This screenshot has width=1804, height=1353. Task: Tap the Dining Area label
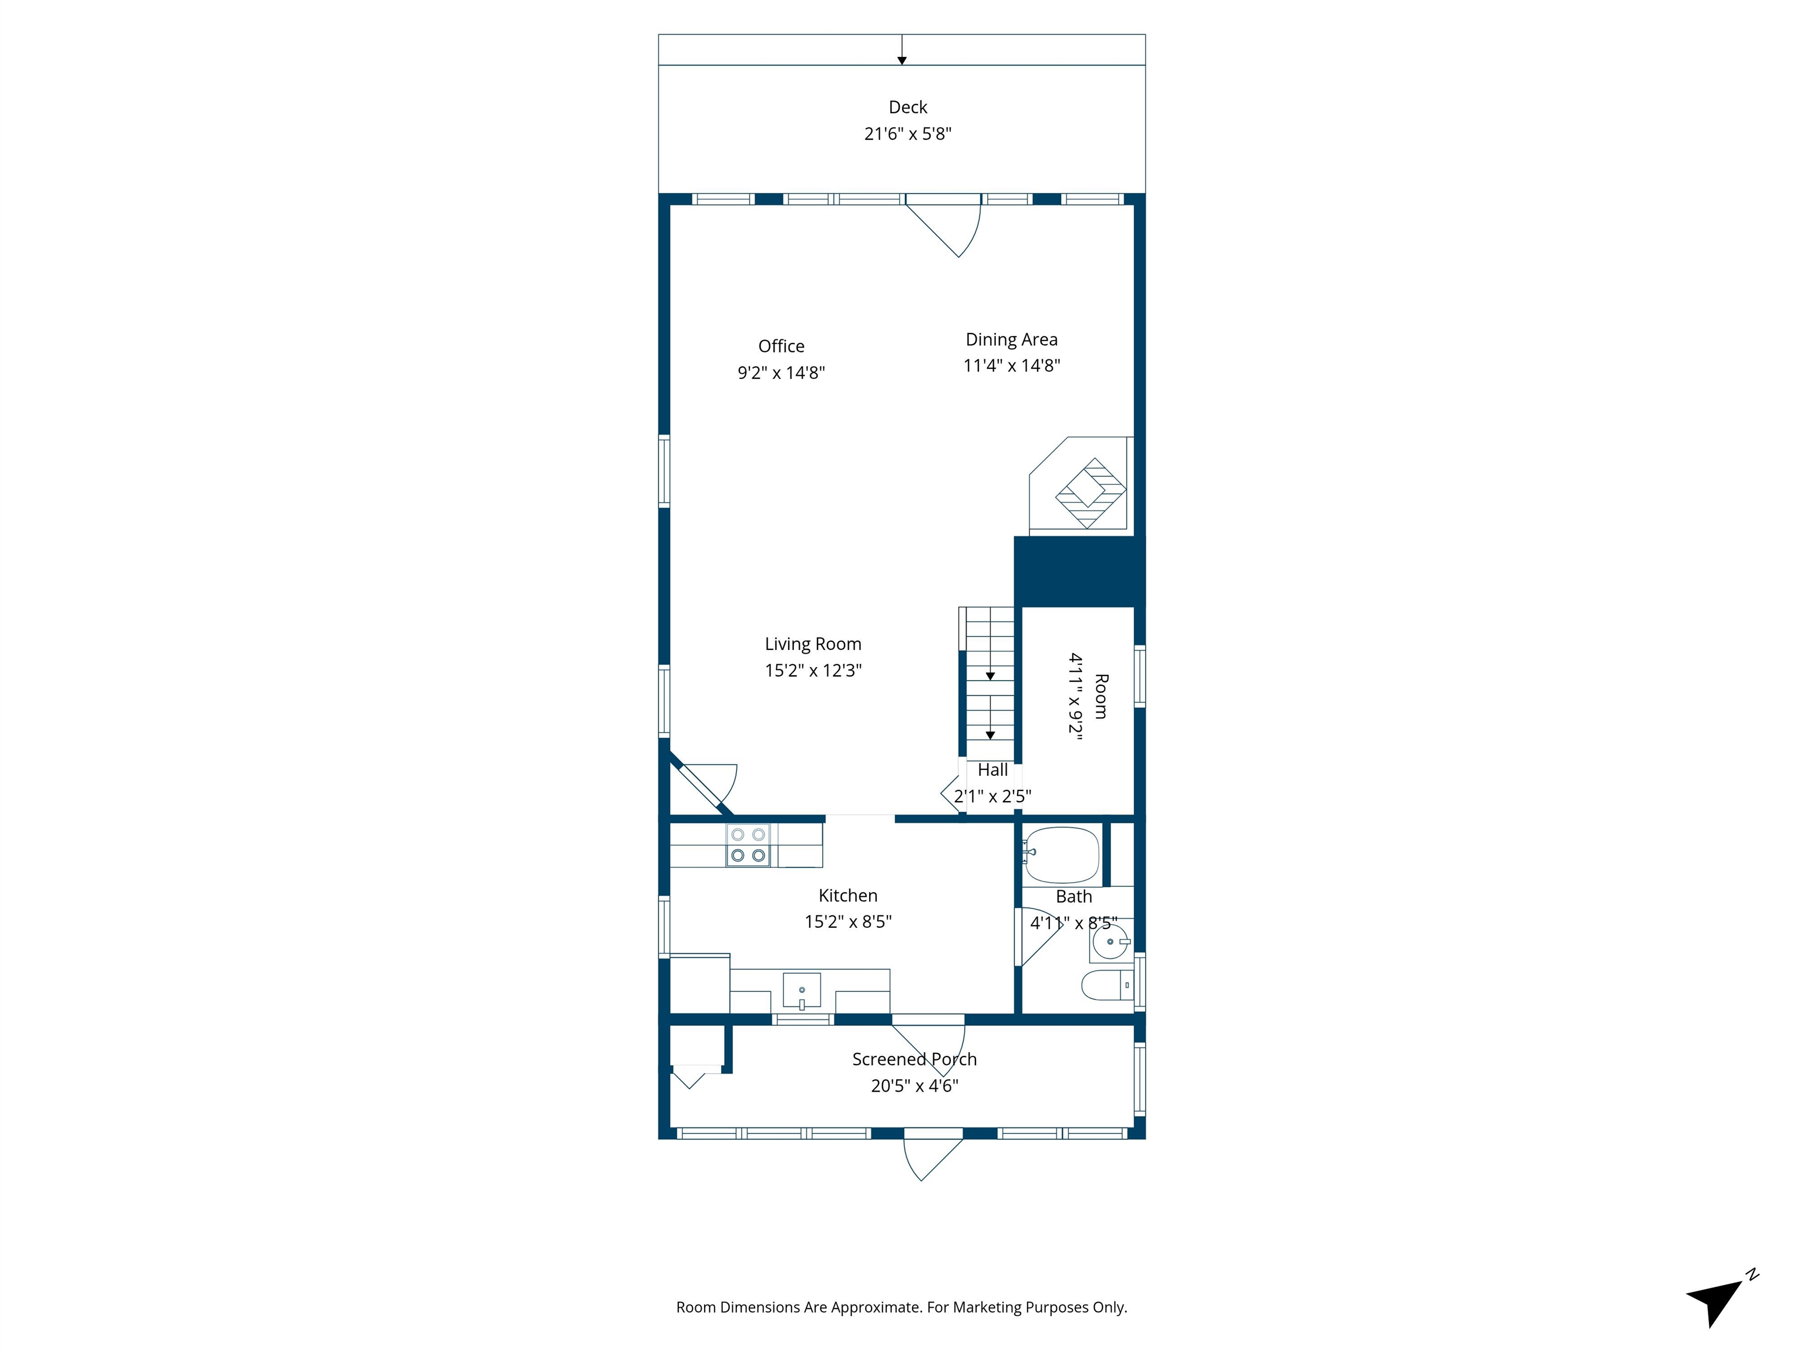tap(1011, 339)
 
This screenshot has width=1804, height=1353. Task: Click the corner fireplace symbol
tap(1089, 493)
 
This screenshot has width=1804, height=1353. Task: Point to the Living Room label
tap(812, 644)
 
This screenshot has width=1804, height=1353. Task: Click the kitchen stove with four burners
tap(748, 845)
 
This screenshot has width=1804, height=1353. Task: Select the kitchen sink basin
tap(801, 990)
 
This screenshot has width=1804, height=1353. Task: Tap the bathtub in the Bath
tap(1061, 856)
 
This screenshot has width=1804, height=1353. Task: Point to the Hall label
tap(992, 770)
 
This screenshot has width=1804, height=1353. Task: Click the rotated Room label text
tap(1100, 696)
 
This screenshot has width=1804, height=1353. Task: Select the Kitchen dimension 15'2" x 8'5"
tap(847, 921)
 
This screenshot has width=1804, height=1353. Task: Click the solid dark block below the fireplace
tap(1078, 572)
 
